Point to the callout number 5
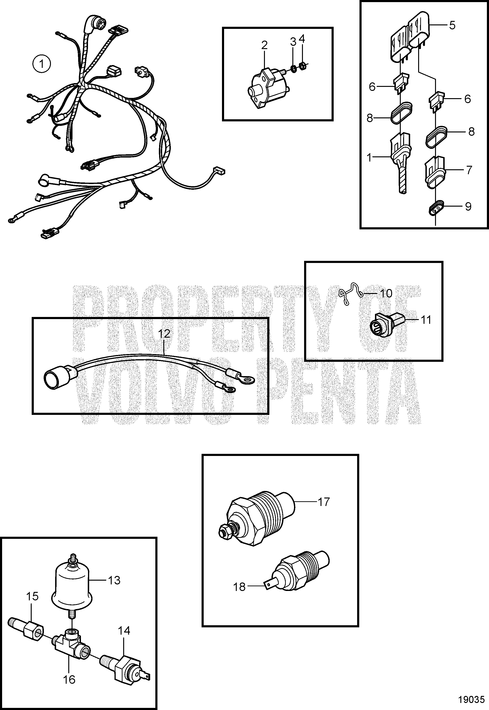(452, 25)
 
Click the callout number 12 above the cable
(164, 334)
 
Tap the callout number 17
(324, 502)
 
